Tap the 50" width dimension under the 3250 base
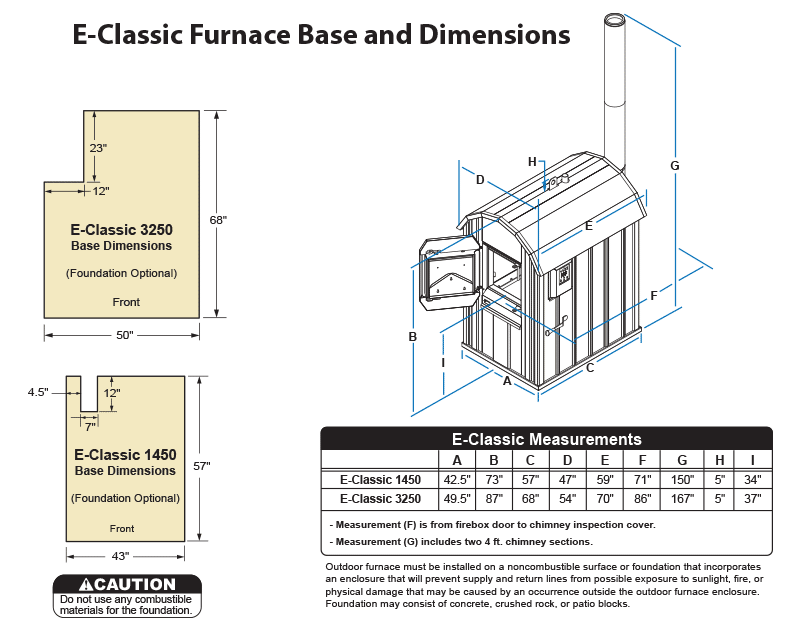[x=124, y=335]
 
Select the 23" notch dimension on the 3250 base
[x=97, y=147]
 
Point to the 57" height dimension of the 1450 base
[x=202, y=466]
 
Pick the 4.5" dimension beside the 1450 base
[x=38, y=393]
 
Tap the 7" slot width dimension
[x=89, y=427]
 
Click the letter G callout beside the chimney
[x=675, y=165]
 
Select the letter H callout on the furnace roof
[x=532, y=161]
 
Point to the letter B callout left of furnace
[x=412, y=337]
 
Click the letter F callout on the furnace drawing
[x=653, y=296]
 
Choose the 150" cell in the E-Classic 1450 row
[x=682, y=479]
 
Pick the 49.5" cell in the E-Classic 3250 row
[x=457, y=497]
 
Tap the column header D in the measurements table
[x=567, y=459]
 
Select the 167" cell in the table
[x=682, y=497]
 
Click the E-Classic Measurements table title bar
[x=546, y=438]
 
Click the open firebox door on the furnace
[x=447, y=271]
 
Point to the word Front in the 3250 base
[x=126, y=301]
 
